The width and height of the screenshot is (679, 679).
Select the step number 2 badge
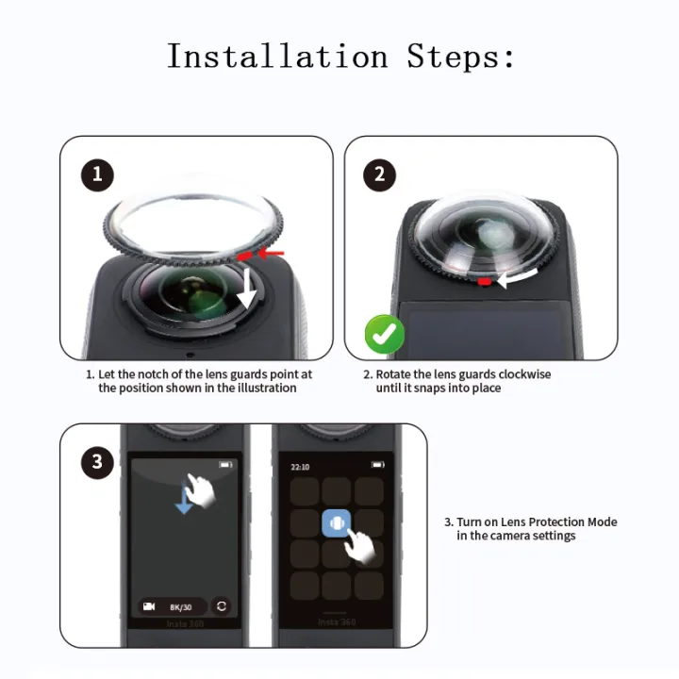pyautogui.click(x=380, y=174)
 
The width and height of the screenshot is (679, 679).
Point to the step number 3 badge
pyautogui.click(x=97, y=462)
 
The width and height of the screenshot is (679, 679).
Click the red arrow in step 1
pyautogui.click(x=272, y=254)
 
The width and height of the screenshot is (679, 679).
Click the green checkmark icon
pyautogui.click(x=385, y=335)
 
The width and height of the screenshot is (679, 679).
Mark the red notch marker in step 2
pyautogui.click(x=484, y=281)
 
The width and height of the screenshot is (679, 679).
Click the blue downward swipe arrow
pyautogui.click(x=184, y=502)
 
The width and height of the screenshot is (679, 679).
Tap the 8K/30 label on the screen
pyautogui.click(x=180, y=606)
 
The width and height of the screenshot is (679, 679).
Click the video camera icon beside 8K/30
pyautogui.click(x=149, y=606)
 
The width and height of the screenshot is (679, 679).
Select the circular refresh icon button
pyautogui.click(x=222, y=606)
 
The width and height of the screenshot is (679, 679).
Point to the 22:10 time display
pyautogui.click(x=300, y=466)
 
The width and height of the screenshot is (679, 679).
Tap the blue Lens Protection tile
pyautogui.click(x=337, y=523)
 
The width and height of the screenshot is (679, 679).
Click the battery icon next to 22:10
pyautogui.click(x=377, y=465)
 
